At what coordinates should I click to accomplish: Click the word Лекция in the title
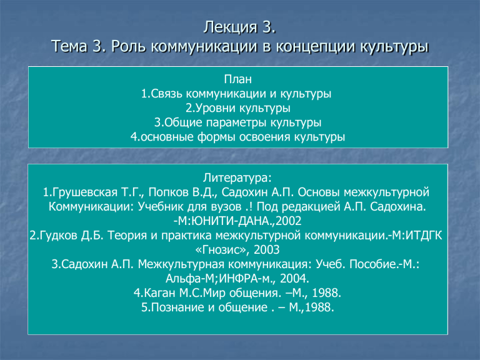tap(231, 28)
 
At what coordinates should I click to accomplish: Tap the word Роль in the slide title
tap(128, 46)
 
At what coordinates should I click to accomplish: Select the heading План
tap(238, 79)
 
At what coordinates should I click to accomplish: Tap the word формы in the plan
tap(216, 137)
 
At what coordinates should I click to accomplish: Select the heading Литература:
tap(237, 178)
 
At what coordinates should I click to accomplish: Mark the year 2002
tap(288, 221)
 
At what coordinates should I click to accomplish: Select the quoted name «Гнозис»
tap(221, 250)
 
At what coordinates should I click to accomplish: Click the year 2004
tap(292, 279)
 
